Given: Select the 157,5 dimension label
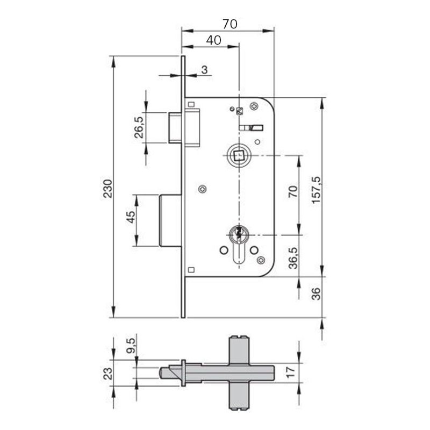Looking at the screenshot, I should click(x=316, y=189).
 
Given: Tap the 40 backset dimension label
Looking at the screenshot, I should click(x=214, y=40).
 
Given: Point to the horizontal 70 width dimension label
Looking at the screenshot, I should click(x=230, y=24).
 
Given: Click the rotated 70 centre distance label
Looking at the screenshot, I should click(x=292, y=192).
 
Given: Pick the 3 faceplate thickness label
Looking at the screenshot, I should click(x=204, y=69).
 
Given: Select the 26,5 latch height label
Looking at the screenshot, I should click(x=139, y=127).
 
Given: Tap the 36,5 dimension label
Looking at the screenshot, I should click(x=292, y=257).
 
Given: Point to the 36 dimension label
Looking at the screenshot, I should click(x=316, y=293).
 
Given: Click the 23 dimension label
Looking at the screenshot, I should click(x=108, y=372).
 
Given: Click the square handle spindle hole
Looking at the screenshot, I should click(x=237, y=156).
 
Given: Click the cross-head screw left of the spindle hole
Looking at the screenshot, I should click(x=202, y=189).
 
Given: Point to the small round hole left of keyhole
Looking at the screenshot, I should click(x=223, y=250).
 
